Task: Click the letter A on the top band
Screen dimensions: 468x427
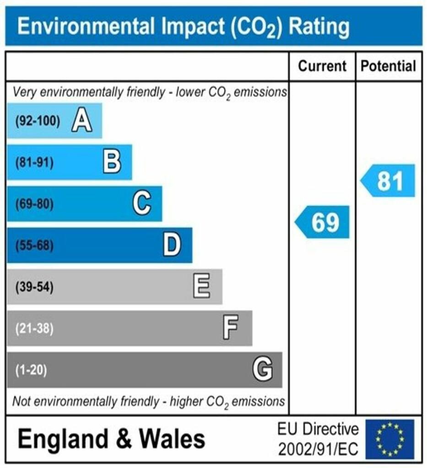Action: click(82, 122)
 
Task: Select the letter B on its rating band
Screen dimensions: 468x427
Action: click(112, 162)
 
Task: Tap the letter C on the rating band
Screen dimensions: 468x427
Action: click(142, 204)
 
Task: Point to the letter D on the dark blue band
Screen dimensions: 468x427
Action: click(172, 245)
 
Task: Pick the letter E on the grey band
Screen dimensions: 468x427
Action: click(202, 287)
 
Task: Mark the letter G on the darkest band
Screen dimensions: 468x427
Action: click(263, 369)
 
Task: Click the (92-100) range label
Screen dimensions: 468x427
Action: click(38, 122)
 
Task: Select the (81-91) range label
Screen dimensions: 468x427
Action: click(34, 163)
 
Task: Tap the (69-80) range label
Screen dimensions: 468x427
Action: click(34, 204)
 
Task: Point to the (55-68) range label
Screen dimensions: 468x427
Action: click(34, 246)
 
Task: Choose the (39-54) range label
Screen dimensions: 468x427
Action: click(34, 287)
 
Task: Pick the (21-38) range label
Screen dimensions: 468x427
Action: click(34, 329)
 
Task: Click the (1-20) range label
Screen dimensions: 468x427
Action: click(31, 370)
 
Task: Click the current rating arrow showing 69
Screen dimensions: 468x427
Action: click(323, 223)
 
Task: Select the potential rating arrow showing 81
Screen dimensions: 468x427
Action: click(389, 181)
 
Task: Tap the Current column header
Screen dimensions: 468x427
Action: click(322, 66)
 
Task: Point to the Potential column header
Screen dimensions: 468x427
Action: click(389, 66)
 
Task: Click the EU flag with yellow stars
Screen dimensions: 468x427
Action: click(389, 439)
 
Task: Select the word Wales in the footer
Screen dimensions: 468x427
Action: click(172, 439)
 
